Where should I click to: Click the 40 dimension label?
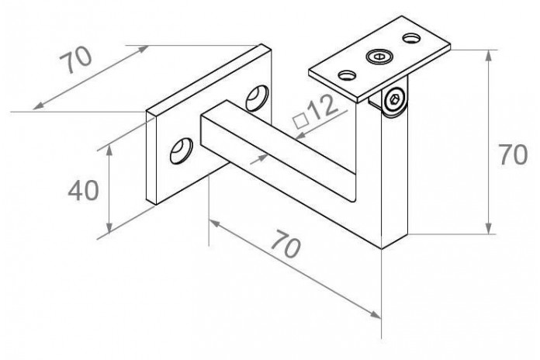tap(83, 191)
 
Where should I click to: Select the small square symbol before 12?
tap(300, 120)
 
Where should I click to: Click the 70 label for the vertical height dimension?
tap(513, 154)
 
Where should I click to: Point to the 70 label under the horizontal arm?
tap(286, 244)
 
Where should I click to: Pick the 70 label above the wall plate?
tap(76, 60)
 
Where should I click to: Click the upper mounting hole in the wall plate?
tap(257, 98)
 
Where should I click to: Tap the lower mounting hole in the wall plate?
tap(181, 151)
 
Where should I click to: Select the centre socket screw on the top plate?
tap(379, 57)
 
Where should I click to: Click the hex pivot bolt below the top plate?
tap(394, 100)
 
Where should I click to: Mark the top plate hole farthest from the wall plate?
tap(411, 37)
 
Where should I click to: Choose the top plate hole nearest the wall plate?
tap(347, 74)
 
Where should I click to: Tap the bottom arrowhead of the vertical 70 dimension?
tap(488, 227)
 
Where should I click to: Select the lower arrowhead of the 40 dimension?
tap(109, 227)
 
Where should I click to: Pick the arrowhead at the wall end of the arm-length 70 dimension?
tap(215, 223)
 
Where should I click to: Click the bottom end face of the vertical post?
tap(395, 241)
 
